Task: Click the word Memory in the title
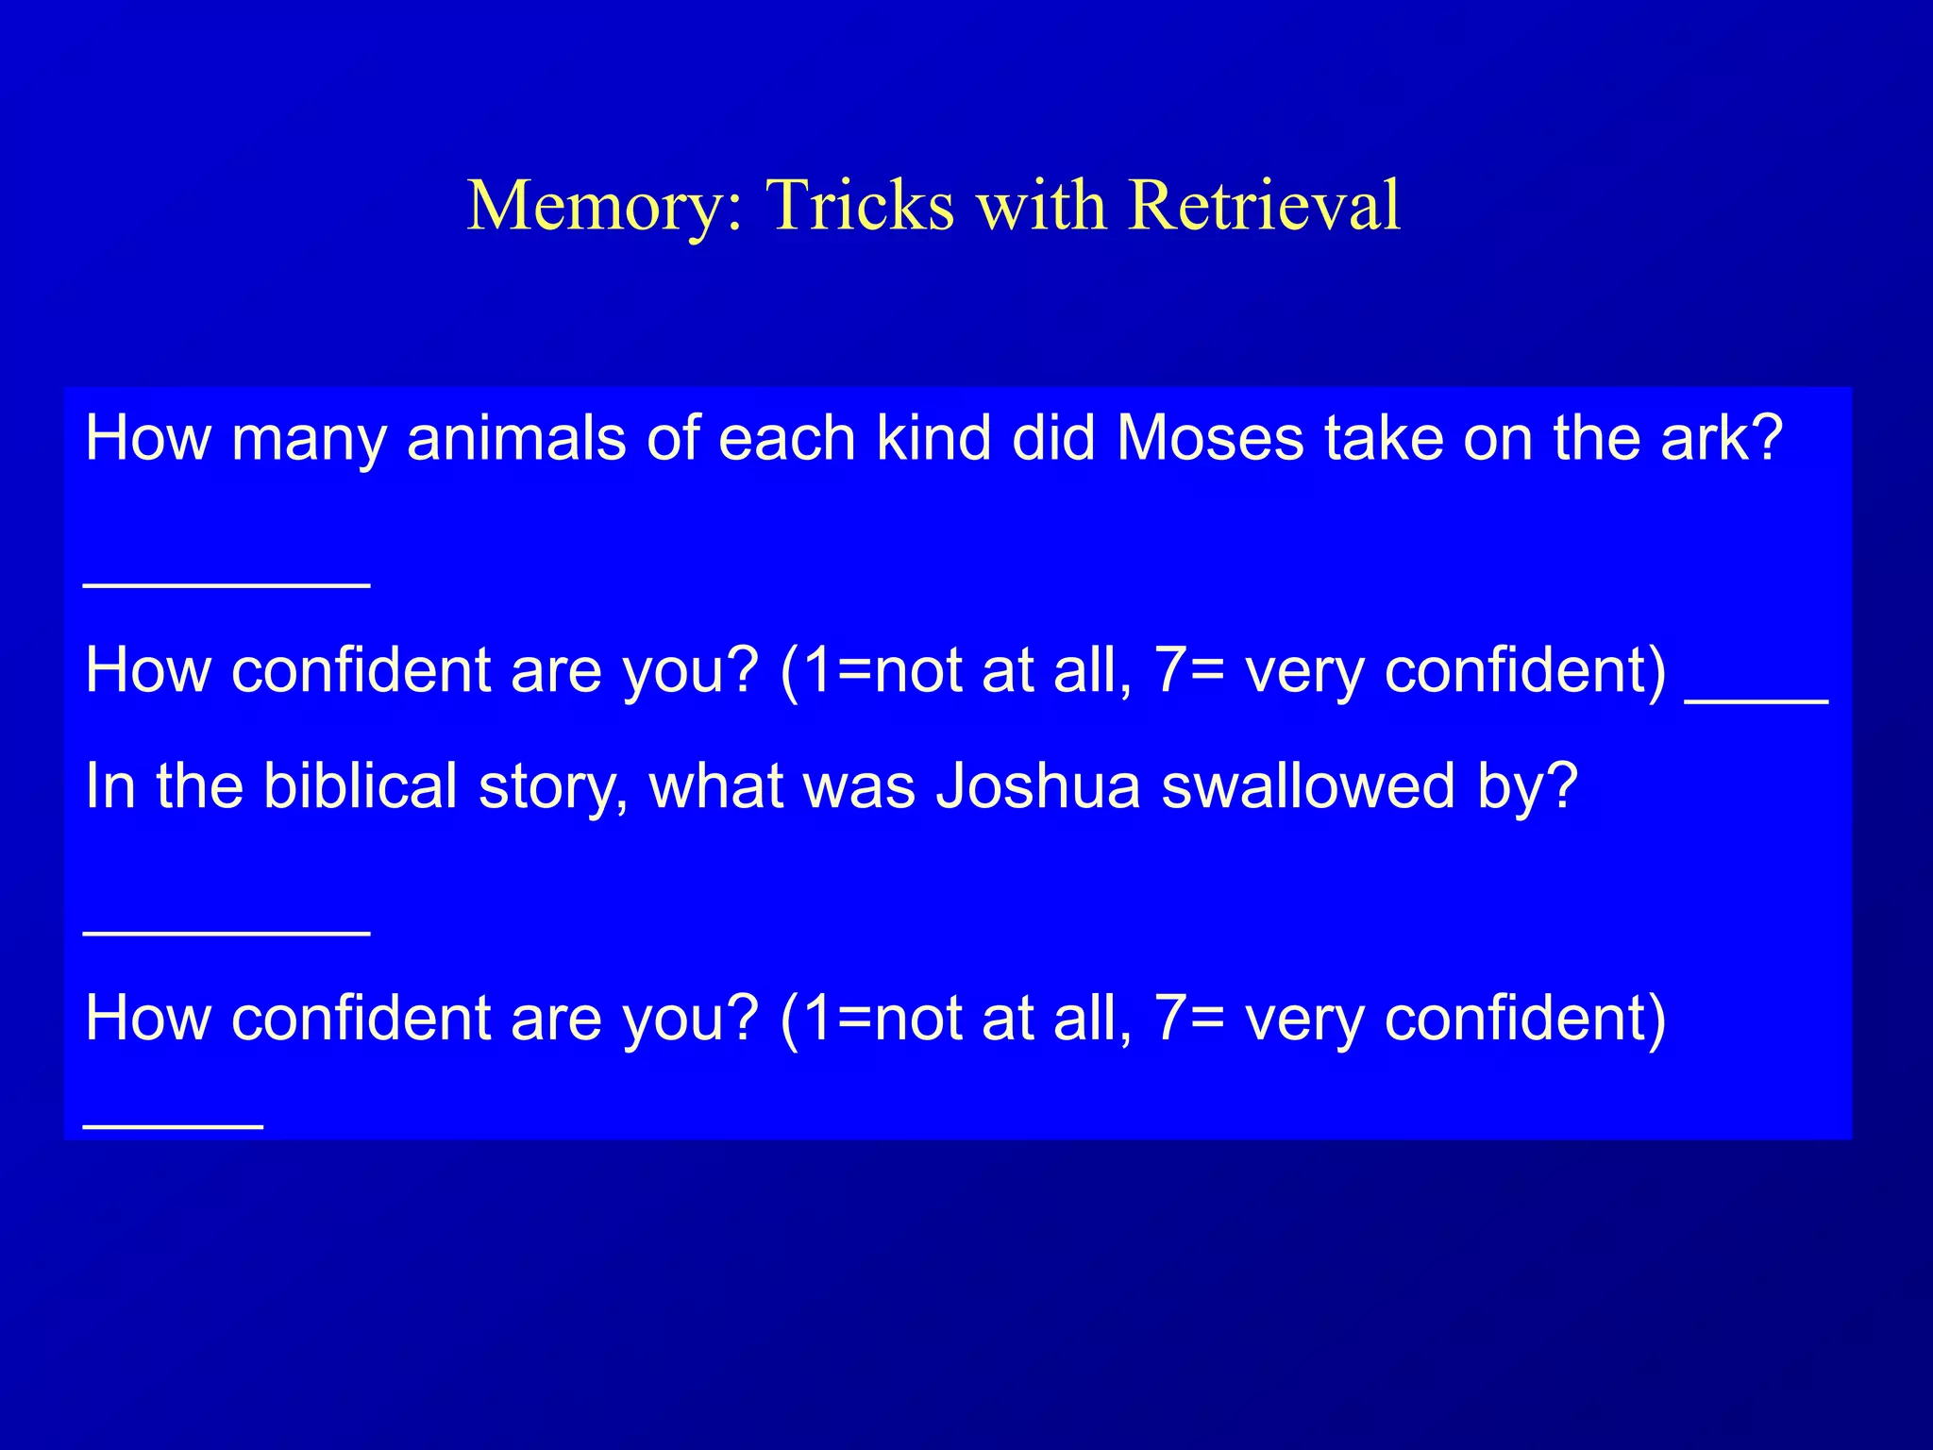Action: pyautogui.click(x=605, y=206)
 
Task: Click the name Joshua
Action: pyautogui.click(x=1037, y=785)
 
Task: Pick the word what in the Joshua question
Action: pyautogui.click(x=714, y=785)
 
